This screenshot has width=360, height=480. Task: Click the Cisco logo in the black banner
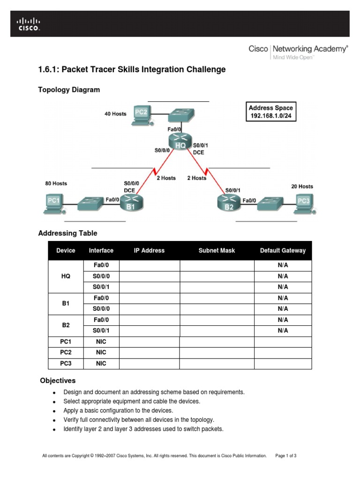(x=29, y=24)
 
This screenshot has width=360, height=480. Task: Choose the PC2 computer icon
(x=142, y=114)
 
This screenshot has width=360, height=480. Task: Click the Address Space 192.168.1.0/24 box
(x=271, y=112)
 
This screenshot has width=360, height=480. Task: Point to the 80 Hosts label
(x=56, y=183)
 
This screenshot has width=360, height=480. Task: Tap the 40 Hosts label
(x=115, y=114)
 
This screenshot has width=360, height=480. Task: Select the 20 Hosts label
(x=302, y=186)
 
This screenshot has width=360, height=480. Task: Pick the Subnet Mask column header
(x=217, y=251)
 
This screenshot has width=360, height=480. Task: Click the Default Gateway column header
(x=283, y=251)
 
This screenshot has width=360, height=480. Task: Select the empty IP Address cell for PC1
(x=150, y=342)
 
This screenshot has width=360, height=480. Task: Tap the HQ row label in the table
(x=66, y=276)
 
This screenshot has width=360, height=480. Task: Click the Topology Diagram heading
(x=69, y=90)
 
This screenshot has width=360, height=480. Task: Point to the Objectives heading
(x=58, y=381)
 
